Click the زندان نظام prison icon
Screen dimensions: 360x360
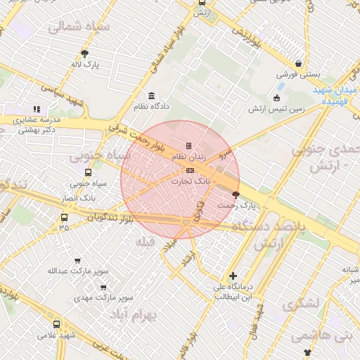(x=188, y=146)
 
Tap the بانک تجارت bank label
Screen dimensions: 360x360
(x=191, y=181)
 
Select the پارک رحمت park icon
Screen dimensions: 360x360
(x=236, y=195)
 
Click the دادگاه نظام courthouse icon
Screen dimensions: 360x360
(x=151, y=96)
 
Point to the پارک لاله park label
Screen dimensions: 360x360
(x=85, y=64)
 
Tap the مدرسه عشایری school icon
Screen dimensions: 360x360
(x=37, y=109)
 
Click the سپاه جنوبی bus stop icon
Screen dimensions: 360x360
(x=88, y=172)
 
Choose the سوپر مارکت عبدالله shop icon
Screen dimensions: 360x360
(x=77, y=261)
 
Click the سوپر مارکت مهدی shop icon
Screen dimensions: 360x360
(x=103, y=287)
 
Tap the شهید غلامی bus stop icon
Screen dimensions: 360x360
(x=56, y=324)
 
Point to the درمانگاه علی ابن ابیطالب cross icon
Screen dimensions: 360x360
(x=233, y=276)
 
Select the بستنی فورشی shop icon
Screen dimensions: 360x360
(x=300, y=62)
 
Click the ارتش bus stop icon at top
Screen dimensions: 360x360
(x=202, y=2)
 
